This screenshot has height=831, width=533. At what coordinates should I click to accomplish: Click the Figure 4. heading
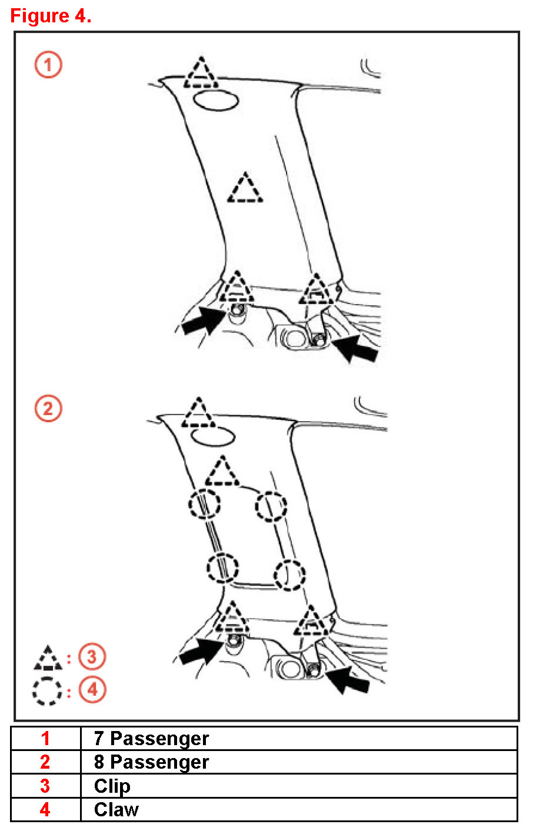click(51, 16)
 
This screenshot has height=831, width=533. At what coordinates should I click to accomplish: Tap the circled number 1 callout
click(48, 65)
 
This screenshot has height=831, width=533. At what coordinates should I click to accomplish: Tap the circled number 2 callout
click(48, 408)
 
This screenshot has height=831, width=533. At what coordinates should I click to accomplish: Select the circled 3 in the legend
click(92, 656)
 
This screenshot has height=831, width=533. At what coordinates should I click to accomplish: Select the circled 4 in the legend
click(92, 689)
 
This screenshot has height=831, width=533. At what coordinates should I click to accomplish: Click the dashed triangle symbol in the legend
click(48, 659)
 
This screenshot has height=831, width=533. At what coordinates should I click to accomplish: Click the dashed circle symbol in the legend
click(47, 691)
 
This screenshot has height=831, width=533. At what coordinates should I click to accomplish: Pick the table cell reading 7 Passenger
click(151, 739)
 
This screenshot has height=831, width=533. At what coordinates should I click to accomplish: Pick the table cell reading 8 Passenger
click(151, 762)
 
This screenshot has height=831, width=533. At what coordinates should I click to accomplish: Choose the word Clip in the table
click(112, 786)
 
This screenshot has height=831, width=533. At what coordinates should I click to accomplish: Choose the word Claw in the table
click(116, 810)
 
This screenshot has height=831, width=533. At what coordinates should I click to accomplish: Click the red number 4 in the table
click(45, 810)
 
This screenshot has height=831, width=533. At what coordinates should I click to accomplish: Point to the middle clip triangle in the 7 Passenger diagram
click(245, 189)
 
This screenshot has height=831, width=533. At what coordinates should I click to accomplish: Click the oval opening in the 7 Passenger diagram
click(216, 100)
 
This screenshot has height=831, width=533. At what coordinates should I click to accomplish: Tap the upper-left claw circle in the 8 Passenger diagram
click(204, 504)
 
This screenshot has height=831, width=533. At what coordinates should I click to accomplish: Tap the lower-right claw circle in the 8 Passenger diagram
click(289, 574)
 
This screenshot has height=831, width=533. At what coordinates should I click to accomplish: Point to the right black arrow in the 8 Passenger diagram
click(348, 679)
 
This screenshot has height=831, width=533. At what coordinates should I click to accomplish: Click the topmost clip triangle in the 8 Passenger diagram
click(198, 413)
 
